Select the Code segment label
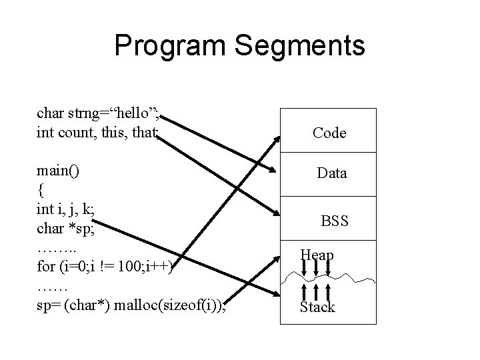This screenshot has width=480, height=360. click(329, 133)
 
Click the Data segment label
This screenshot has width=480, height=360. click(331, 173)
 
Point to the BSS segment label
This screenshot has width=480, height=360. click(335, 220)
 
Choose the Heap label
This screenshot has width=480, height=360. click(317, 255)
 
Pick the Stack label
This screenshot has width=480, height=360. click(317, 307)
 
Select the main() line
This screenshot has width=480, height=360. click(58, 170)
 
